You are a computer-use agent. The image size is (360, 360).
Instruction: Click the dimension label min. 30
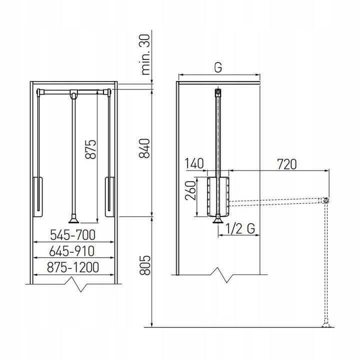[146, 54]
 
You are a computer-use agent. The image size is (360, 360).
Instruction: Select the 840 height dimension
[144, 148]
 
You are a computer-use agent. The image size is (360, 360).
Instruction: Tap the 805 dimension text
[145, 265]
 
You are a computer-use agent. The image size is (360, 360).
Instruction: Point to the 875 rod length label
[90, 149]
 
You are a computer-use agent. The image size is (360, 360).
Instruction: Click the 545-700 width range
[72, 235]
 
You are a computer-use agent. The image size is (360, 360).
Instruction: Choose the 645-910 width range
[72, 251]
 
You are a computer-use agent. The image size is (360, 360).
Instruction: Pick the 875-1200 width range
[73, 267]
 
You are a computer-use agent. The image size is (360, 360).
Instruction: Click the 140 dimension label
[194, 163]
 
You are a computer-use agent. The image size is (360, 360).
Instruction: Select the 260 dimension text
[191, 190]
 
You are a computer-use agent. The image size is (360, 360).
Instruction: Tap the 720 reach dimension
[287, 164]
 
